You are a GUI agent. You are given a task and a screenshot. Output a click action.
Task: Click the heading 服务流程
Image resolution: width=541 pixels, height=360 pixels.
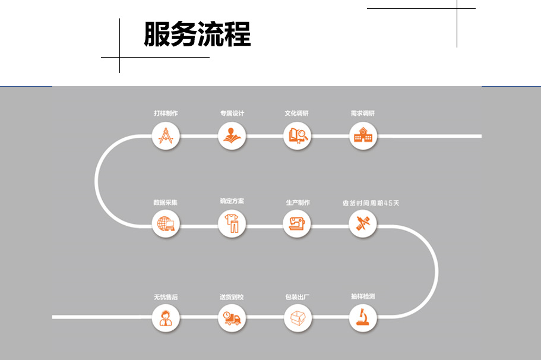point(197,34)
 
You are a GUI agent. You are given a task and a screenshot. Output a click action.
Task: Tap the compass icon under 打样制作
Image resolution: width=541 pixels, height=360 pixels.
point(165,136)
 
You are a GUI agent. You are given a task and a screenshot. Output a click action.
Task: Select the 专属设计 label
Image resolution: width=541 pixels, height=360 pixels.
point(232,113)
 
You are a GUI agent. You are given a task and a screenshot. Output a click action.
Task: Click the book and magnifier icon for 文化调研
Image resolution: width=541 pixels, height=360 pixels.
point(297,136)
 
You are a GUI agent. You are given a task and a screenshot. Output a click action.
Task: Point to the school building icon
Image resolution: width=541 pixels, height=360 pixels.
point(363,136)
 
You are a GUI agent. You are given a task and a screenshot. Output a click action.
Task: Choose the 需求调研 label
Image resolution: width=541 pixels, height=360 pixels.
point(363,113)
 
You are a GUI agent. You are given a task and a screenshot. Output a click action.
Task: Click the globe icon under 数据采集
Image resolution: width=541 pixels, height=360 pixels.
point(165,225)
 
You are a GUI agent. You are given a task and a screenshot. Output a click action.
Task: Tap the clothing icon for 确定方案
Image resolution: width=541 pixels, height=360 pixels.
point(232,225)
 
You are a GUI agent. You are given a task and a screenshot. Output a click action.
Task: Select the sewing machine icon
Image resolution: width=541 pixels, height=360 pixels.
point(297,225)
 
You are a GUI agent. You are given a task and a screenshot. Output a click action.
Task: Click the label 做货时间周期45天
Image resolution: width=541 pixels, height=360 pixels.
point(371,203)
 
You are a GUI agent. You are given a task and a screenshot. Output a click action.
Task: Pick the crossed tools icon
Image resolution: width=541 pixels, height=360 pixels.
point(363,225)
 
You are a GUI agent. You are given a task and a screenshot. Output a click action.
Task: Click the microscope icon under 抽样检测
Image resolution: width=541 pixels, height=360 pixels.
point(363,317)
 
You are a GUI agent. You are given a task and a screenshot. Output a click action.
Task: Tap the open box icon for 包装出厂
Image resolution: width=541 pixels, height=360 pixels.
point(297,317)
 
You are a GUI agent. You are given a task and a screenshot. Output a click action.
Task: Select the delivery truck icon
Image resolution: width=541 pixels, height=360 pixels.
point(232,317)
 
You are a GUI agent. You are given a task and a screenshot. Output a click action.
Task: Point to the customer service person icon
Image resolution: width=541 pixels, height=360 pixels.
point(165,317)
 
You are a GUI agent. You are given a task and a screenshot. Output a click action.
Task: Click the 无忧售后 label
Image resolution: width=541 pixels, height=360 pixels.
point(165,296)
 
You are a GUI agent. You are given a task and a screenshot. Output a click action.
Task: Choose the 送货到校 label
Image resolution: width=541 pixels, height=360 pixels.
point(232,296)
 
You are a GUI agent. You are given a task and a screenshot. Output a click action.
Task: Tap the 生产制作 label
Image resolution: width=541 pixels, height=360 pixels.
point(297,203)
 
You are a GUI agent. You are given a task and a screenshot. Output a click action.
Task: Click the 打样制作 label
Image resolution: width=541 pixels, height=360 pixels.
point(165,113)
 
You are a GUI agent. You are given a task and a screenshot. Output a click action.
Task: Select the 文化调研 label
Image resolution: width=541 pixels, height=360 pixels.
point(297,113)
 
